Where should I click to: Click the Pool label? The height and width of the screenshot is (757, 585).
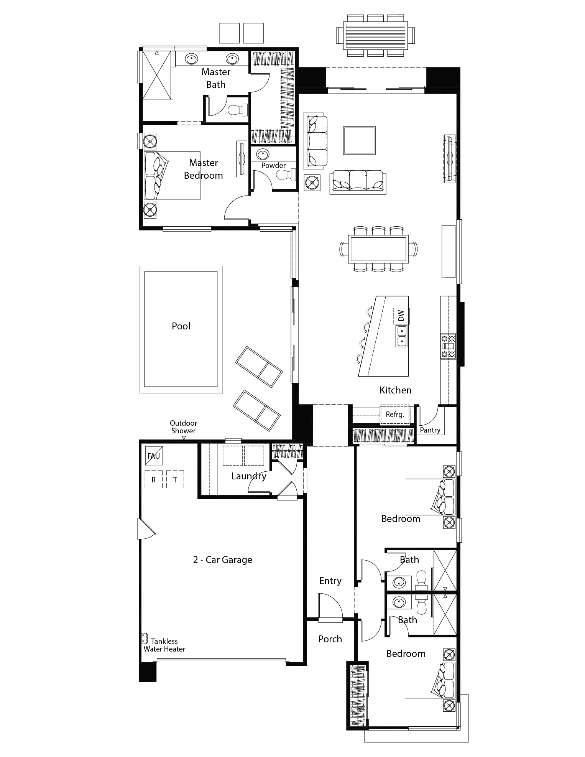[181, 326]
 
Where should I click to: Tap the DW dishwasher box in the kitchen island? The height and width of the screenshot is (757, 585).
[401, 316]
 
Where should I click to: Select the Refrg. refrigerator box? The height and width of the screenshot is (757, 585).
[394, 414]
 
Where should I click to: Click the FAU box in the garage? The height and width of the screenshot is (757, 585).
[154, 456]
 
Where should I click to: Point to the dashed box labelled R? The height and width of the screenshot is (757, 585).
[154, 479]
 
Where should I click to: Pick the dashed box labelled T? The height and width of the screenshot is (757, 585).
[175, 479]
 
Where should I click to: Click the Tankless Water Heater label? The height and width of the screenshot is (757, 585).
[164, 645]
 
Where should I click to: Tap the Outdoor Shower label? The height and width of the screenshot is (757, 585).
[183, 427]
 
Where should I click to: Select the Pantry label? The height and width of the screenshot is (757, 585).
[430, 430]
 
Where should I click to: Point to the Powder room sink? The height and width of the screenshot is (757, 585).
[263, 155]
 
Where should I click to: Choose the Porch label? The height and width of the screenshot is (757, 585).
[330, 639]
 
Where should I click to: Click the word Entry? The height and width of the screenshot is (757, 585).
[330, 581]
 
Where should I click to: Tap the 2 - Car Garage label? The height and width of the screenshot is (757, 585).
[222, 560]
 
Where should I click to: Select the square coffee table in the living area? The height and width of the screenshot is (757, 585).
[359, 140]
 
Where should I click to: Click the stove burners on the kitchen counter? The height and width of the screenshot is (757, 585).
[448, 346]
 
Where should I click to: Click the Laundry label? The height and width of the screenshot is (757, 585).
[248, 476]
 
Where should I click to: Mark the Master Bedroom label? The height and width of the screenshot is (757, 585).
[203, 169]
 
